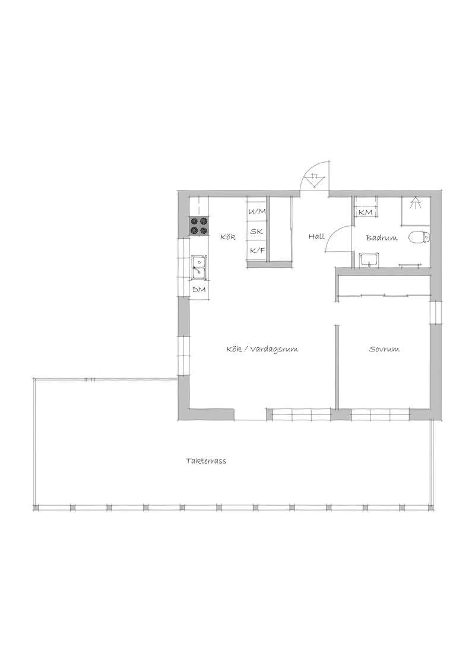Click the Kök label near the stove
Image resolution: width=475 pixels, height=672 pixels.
[x=228, y=237]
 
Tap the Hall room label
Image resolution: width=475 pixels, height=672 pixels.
[x=316, y=236]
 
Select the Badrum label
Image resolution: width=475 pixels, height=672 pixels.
[x=381, y=238]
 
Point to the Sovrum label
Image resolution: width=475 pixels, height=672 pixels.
[x=384, y=349]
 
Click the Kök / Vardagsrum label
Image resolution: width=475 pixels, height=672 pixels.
[x=262, y=349]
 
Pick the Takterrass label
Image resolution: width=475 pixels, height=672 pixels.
[x=206, y=461]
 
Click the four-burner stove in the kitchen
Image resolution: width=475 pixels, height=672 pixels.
[x=199, y=226]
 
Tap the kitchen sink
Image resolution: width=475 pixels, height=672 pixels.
[x=199, y=267]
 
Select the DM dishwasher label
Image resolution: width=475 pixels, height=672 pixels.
[x=199, y=290]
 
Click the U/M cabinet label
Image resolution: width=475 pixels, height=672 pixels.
[x=256, y=211]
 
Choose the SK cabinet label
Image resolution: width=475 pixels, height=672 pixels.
[x=256, y=232]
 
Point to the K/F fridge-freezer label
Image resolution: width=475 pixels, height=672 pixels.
[x=256, y=251]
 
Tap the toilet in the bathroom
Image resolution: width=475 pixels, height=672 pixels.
[x=419, y=237]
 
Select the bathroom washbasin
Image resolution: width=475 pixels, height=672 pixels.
[x=369, y=259]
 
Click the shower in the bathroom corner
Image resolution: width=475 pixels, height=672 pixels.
[x=415, y=210]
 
